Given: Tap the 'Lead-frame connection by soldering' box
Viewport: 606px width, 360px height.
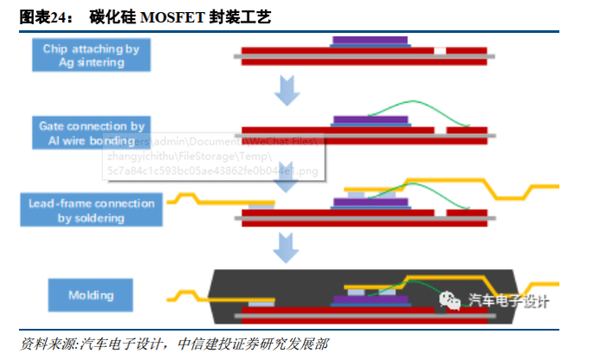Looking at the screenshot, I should tap(91, 210).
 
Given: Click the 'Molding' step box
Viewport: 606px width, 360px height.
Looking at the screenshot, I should tap(91, 295).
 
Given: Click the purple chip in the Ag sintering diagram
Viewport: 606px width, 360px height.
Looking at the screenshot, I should tap(371, 41).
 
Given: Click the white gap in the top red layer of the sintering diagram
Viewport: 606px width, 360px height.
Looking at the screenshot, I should tap(441, 51).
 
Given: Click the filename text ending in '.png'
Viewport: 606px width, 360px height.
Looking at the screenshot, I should tap(212, 171).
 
